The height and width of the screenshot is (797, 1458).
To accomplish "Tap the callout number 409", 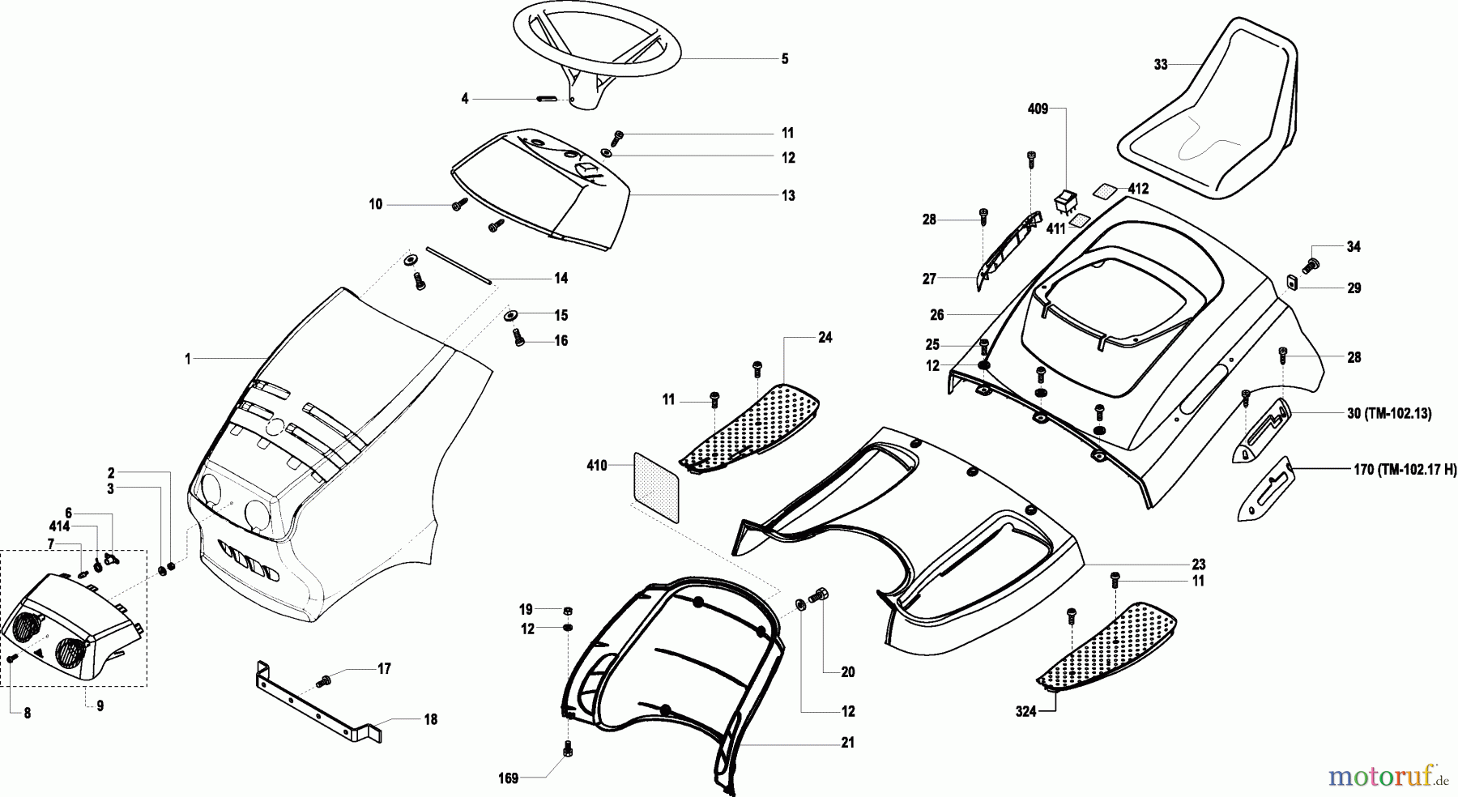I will pos(1038,109).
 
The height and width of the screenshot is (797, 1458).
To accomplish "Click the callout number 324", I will pos(1025,712).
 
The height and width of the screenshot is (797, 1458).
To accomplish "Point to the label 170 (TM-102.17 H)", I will pos(1403,468).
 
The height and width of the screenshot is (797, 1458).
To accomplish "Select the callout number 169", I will pos(508,780).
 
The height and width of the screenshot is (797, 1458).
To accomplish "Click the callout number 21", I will pos(847,743).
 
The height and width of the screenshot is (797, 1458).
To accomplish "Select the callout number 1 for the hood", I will pos(187,359).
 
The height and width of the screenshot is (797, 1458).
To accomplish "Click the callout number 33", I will pos(1161,65).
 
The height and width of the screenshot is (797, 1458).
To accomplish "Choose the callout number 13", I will pos(788,195).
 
